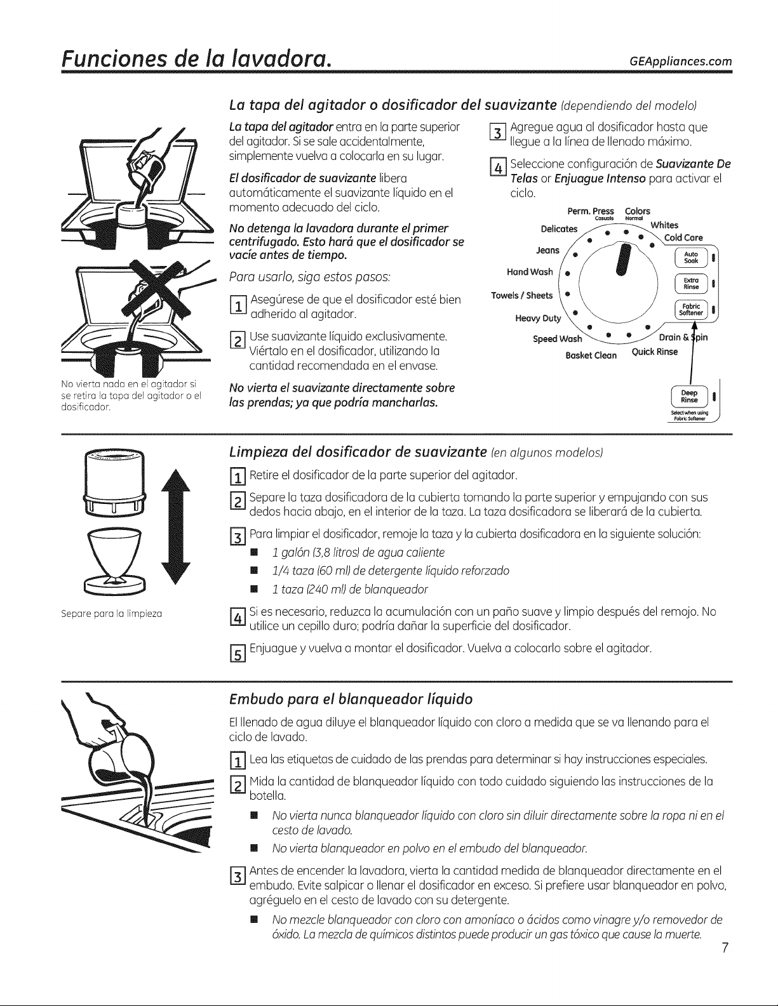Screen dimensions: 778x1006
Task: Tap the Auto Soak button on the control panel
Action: coord(691,258)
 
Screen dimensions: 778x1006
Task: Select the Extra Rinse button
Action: coord(691,284)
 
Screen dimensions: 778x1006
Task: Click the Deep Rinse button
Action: coord(690,397)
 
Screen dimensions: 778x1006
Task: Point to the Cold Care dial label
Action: coord(683,237)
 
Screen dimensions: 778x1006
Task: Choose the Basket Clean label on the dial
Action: coord(591,355)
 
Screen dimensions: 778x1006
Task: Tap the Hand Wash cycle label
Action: coord(530,272)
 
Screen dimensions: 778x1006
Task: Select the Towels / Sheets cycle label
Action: coord(522,295)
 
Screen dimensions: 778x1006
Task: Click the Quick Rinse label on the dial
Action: coord(654,352)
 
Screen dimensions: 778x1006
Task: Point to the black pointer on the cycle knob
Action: coord(624,260)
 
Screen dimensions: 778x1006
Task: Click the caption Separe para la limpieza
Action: coord(112,614)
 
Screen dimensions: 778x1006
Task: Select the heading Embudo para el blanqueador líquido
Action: coord(351,699)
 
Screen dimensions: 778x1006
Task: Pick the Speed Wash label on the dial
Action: coord(557,339)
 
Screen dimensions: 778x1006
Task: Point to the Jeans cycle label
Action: coord(548,251)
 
